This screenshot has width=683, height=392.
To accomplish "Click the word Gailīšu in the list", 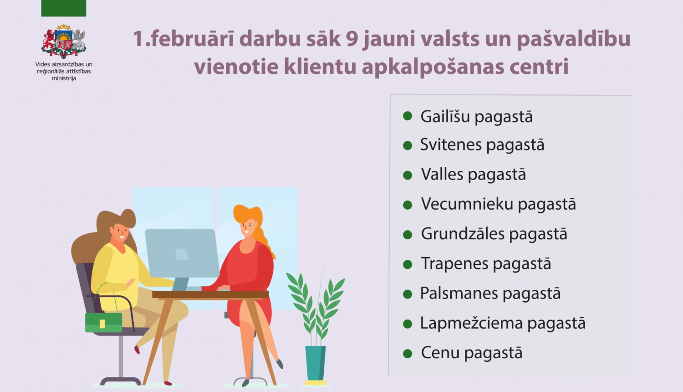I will [x=445, y=117].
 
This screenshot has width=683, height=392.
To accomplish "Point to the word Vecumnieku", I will [x=467, y=204].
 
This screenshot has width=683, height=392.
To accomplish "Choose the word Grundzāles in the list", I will [x=463, y=234].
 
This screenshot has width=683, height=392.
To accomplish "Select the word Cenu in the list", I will [x=440, y=353].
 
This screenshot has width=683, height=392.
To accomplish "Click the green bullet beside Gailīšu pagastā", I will [x=408, y=116].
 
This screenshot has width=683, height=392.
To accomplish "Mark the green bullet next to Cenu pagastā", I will [x=408, y=353].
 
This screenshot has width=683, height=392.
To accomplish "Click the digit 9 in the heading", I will [x=352, y=39].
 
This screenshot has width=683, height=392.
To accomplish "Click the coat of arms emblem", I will [x=64, y=41].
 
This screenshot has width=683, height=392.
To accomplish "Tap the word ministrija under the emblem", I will [x=64, y=78].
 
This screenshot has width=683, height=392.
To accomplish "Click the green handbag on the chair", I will [x=104, y=322].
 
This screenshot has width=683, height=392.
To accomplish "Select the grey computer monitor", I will [x=182, y=253].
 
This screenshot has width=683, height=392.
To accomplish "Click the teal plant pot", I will [x=316, y=363].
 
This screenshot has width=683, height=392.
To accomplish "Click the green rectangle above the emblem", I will [x=64, y=8].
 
